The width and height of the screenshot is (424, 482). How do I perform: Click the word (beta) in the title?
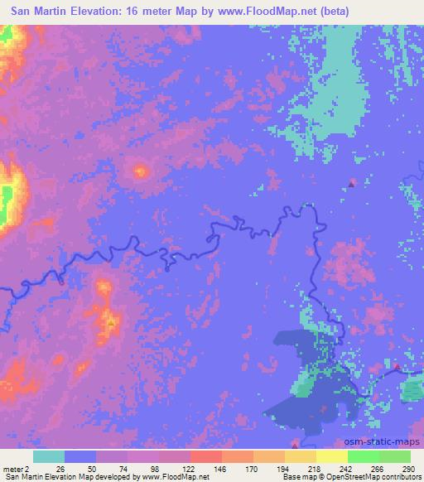tap(331, 11)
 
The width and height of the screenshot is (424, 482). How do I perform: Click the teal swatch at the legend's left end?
tap(48, 456)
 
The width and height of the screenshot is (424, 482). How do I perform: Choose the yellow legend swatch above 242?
tap(332, 456)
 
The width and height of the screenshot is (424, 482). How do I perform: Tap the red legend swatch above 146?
tap(205, 456)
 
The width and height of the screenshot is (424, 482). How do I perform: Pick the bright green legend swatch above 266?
tap(363, 456)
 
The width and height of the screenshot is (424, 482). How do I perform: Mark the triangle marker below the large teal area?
tap(352, 183)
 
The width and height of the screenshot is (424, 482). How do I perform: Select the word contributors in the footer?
tap(399, 477)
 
